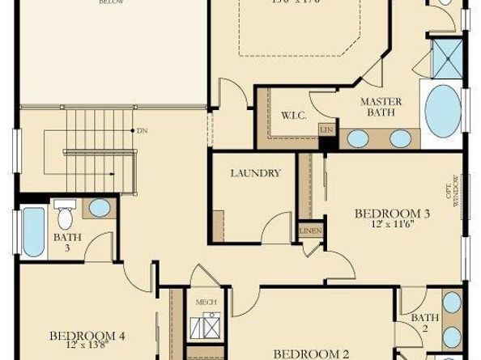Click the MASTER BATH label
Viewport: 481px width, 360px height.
click(x=377, y=107)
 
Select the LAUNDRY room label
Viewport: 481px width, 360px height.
click(x=255, y=173)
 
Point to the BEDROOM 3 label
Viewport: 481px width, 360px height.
click(x=392, y=214)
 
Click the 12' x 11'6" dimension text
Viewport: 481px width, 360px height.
click(x=392, y=225)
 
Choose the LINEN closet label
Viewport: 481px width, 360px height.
click(x=310, y=231)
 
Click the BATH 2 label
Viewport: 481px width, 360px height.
click(x=424, y=323)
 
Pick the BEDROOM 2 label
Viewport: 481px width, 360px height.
click(x=311, y=354)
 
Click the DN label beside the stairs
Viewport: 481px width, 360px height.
click(x=143, y=130)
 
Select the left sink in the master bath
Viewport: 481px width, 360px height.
click(x=358, y=138)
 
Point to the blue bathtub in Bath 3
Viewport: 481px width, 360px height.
click(x=33, y=232)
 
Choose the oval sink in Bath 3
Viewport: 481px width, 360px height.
click(x=99, y=208)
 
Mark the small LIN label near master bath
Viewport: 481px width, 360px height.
click(x=326, y=129)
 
